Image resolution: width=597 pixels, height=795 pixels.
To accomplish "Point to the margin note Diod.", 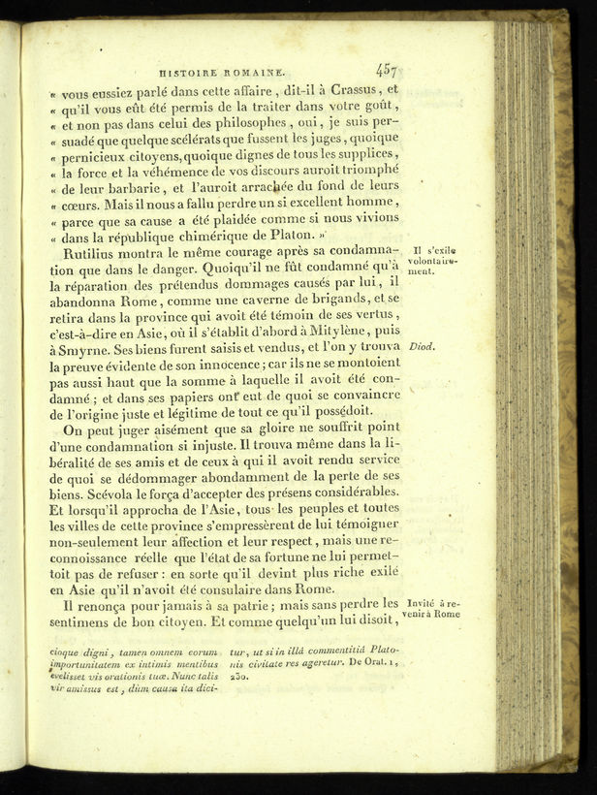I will pos(420,346).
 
